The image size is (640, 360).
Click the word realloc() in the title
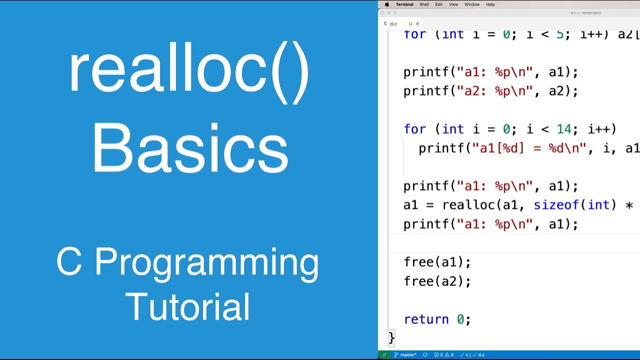click(189, 72)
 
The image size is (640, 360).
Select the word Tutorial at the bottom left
click(187, 306)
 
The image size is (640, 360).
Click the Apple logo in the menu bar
click(386, 4)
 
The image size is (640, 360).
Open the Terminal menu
click(404, 4)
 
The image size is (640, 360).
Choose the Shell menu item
click(424, 4)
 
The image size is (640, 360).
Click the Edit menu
click(438, 4)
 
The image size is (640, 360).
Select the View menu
click(453, 4)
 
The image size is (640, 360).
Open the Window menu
click(472, 4)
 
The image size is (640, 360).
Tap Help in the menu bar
click(490, 4)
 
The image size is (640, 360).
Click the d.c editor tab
click(393, 23)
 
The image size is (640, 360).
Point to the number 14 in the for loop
click(564, 129)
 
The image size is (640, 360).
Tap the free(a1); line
click(437, 262)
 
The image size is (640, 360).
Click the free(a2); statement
click(437, 281)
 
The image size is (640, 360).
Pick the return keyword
click(426, 319)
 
